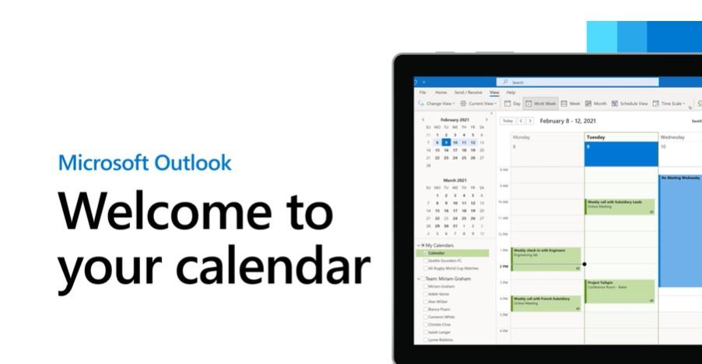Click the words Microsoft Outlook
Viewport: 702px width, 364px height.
[145, 163]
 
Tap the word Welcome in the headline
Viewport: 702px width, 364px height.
[195, 212]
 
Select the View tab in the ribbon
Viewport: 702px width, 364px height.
[494, 93]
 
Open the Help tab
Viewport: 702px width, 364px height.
[511, 93]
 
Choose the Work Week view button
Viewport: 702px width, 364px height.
[540, 103]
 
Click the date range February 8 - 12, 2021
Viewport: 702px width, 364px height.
[568, 121]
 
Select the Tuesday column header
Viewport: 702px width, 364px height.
[597, 137]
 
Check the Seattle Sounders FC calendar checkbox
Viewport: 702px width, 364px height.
[425, 261]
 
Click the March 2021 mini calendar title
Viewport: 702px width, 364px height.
[455, 180]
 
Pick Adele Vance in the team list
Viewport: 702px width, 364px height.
[425, 295]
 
